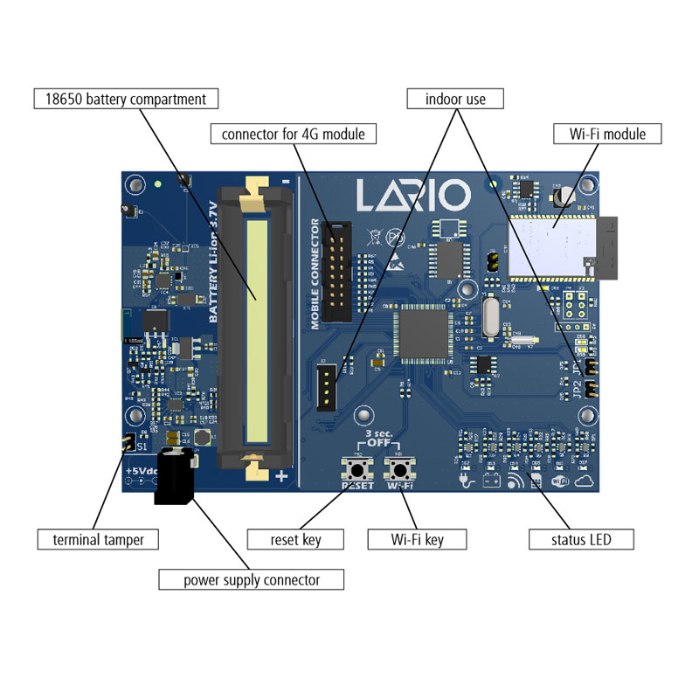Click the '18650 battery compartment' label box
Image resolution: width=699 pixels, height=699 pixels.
point(125,98)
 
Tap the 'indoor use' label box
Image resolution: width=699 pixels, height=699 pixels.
point(455,98)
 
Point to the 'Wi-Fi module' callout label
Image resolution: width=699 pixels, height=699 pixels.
point(607,134)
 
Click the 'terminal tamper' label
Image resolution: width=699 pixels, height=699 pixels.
point(98,539)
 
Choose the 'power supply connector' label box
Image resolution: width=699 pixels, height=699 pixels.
point(251,579)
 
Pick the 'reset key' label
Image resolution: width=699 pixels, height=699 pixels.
point(296,539)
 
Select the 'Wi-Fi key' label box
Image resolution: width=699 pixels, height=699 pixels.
point(416,539)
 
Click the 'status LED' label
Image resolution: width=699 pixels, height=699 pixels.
point(580,539)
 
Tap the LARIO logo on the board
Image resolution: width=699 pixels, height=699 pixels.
point(413,195)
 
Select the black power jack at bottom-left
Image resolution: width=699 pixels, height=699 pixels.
point(173,476)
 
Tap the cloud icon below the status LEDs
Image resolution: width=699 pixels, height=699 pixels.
point(585,481)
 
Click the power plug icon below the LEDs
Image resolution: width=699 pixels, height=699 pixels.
point(466,481)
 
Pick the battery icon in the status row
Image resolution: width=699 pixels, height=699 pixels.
point(491,481)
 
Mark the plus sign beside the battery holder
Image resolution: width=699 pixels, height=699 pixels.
point(281,477)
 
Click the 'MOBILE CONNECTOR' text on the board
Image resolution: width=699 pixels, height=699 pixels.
point(315,273)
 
